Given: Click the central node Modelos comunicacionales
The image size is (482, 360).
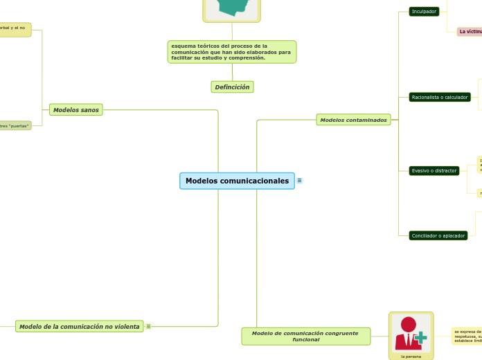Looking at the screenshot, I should [x=237, y=181].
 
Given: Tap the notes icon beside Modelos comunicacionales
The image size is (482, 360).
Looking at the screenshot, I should [x=299, y=181].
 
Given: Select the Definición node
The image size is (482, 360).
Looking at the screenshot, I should [x=232, y=87].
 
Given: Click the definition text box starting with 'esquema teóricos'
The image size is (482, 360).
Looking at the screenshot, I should [x=231, y=52].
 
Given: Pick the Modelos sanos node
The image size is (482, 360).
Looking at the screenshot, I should [x=76, y=109].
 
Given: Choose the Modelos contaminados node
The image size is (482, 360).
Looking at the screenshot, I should [x=353, y=120].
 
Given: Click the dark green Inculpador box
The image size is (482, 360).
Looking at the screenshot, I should [x=424, y=12].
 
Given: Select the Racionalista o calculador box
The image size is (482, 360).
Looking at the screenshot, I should [x=440, y=98].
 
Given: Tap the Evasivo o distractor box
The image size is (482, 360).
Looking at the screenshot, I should [x=434, y=170].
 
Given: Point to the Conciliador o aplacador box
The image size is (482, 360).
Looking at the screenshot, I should [x=438, y=235].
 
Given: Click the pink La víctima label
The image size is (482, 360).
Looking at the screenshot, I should [x=470, y=32].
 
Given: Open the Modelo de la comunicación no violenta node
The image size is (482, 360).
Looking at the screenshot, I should [x=79, y=326].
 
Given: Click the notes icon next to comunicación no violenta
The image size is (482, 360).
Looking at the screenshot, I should [x=148, y=326].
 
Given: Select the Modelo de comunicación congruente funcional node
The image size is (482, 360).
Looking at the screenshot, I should [x=305, y=336].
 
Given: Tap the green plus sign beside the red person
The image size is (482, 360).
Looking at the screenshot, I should [x=420, y=337].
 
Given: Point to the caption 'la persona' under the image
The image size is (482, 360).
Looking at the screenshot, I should [x=411, y=357].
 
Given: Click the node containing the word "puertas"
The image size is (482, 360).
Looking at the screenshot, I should [x=15, y=126].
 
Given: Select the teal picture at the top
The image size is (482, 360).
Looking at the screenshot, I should [x=232, y=7].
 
